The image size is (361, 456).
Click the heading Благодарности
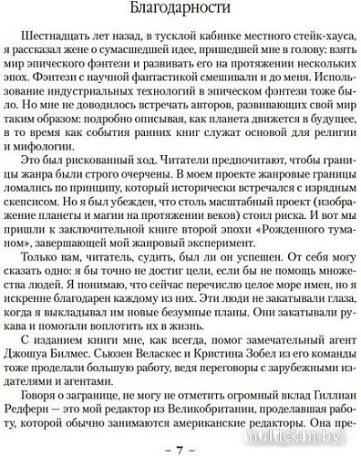pos(180,10)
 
